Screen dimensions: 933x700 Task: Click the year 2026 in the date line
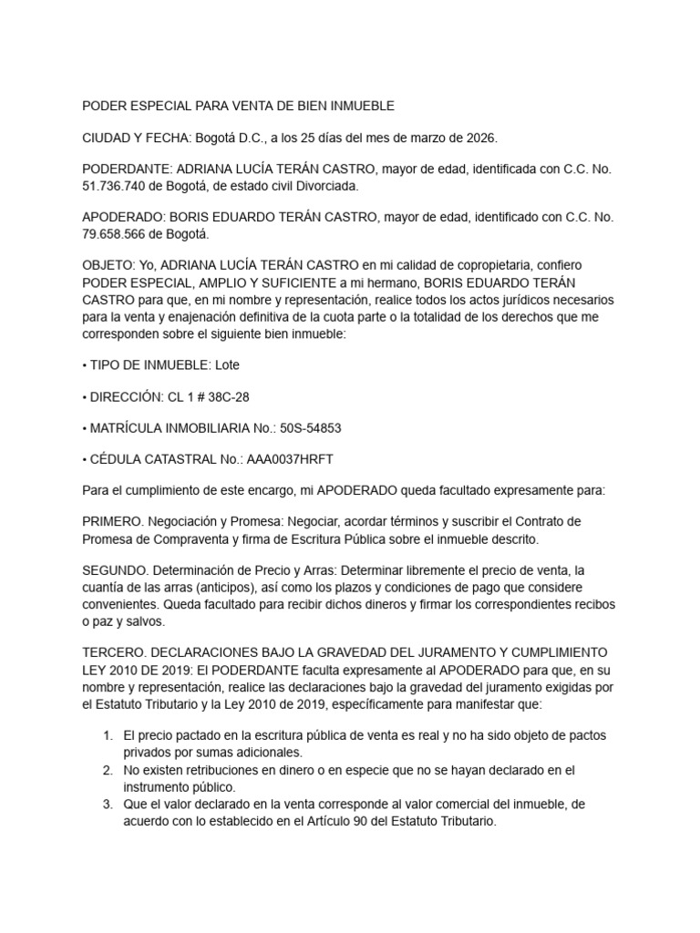[479, 138]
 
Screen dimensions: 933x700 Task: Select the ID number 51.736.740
[115, 185]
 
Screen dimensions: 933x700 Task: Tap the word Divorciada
[329, 185]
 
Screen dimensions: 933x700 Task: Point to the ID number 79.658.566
[115, 233]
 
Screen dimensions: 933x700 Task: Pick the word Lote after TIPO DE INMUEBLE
[227, 364]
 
